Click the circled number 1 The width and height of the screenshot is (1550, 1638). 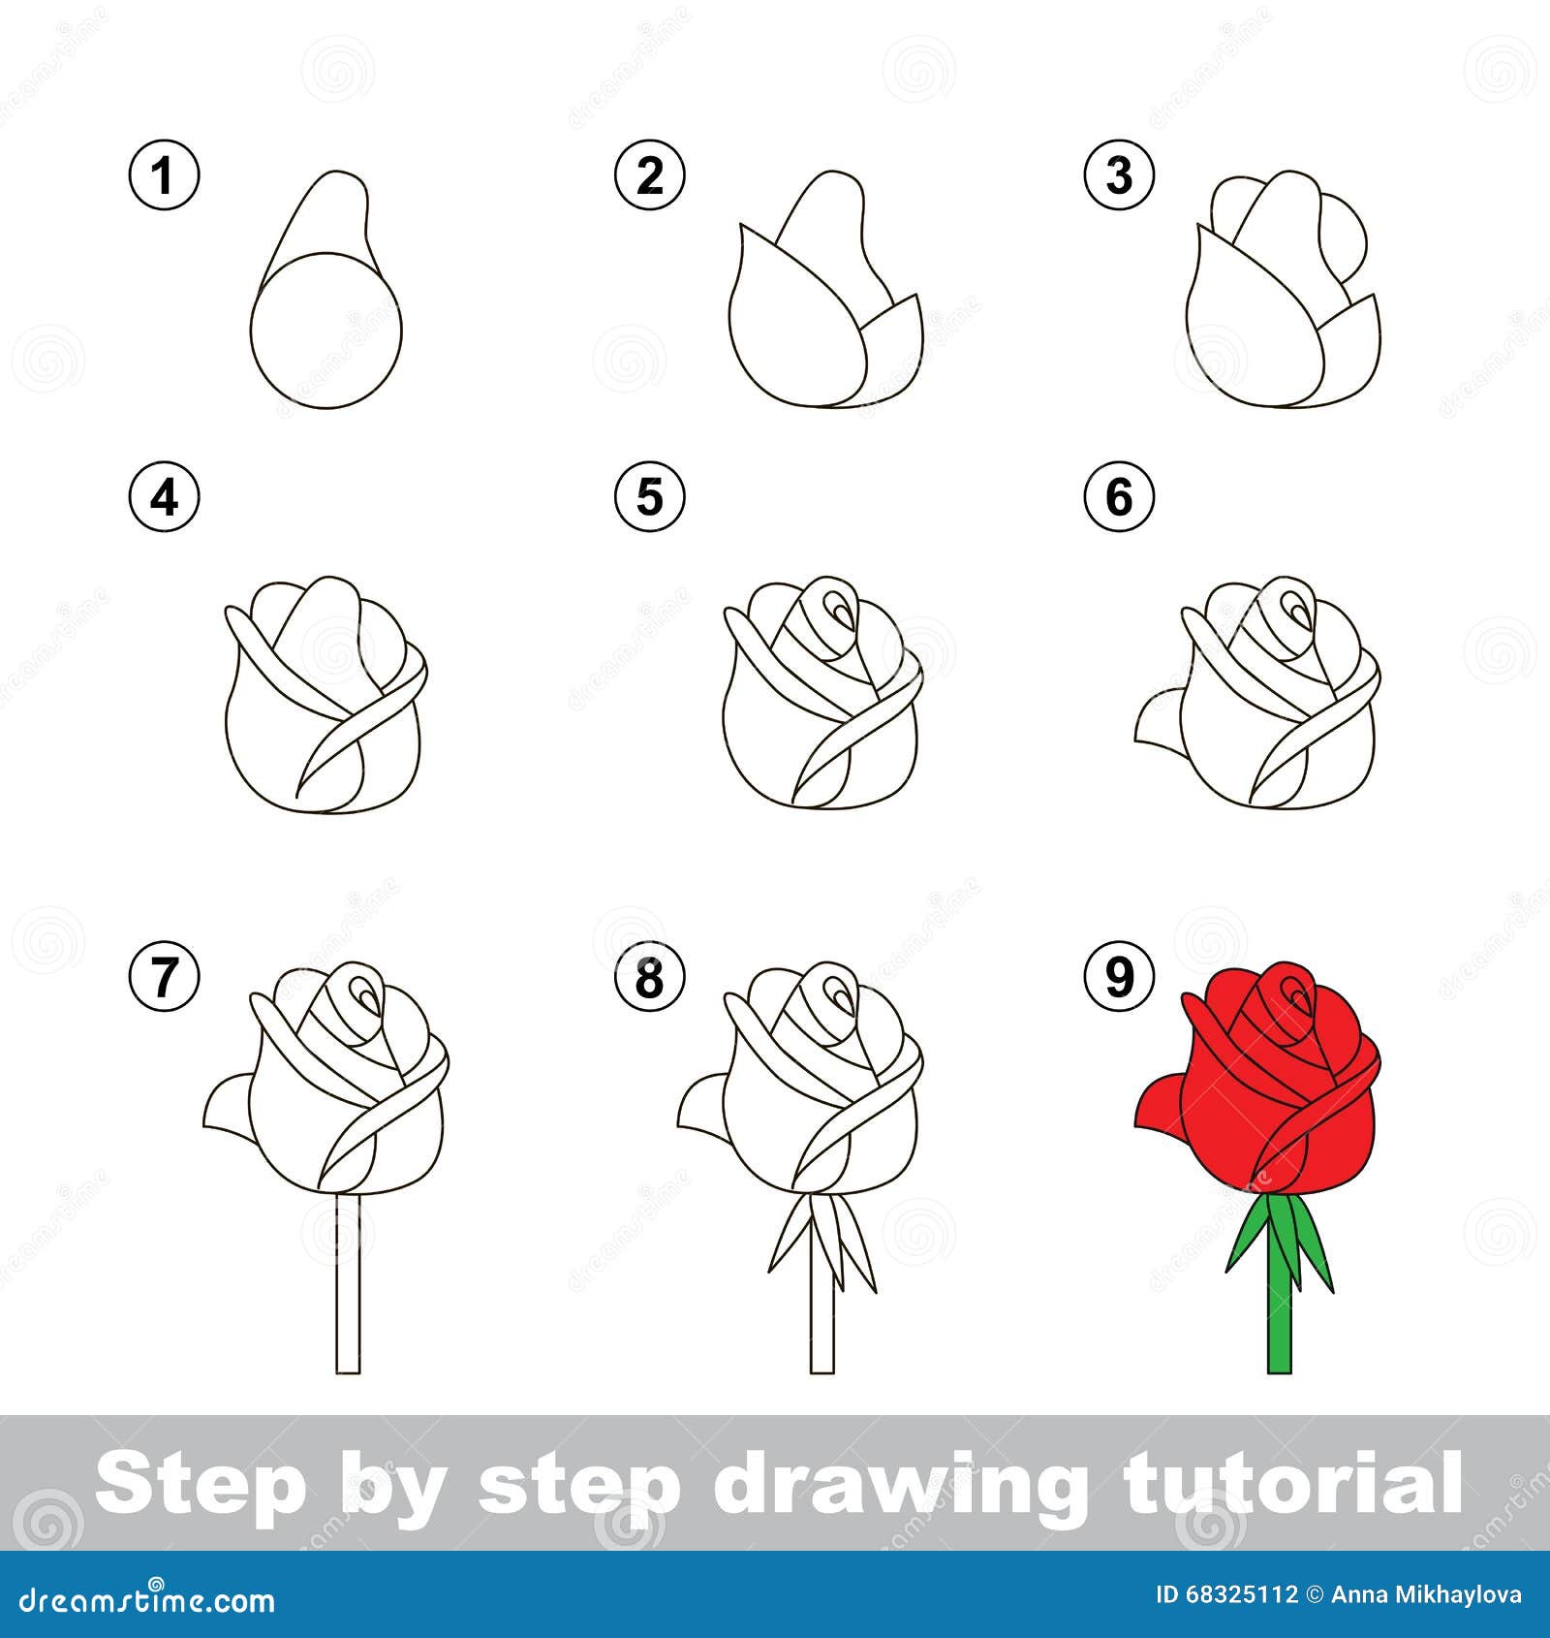click(164, 176)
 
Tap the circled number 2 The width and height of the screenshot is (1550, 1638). click(650, 176)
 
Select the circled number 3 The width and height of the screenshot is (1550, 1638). click(1119, 176)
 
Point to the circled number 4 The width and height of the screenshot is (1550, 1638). click(164, 498)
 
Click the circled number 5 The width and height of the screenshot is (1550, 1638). click(650, 498)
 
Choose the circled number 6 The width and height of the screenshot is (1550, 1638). click(1119, 498)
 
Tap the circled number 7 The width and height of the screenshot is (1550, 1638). click(164, 977)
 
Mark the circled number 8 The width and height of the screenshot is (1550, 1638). click(650, 977)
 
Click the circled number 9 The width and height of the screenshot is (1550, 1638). click(1119, 977)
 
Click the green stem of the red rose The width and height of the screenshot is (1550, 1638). click(1279, 1318)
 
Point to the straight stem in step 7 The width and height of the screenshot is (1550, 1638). click(348, 1289)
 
